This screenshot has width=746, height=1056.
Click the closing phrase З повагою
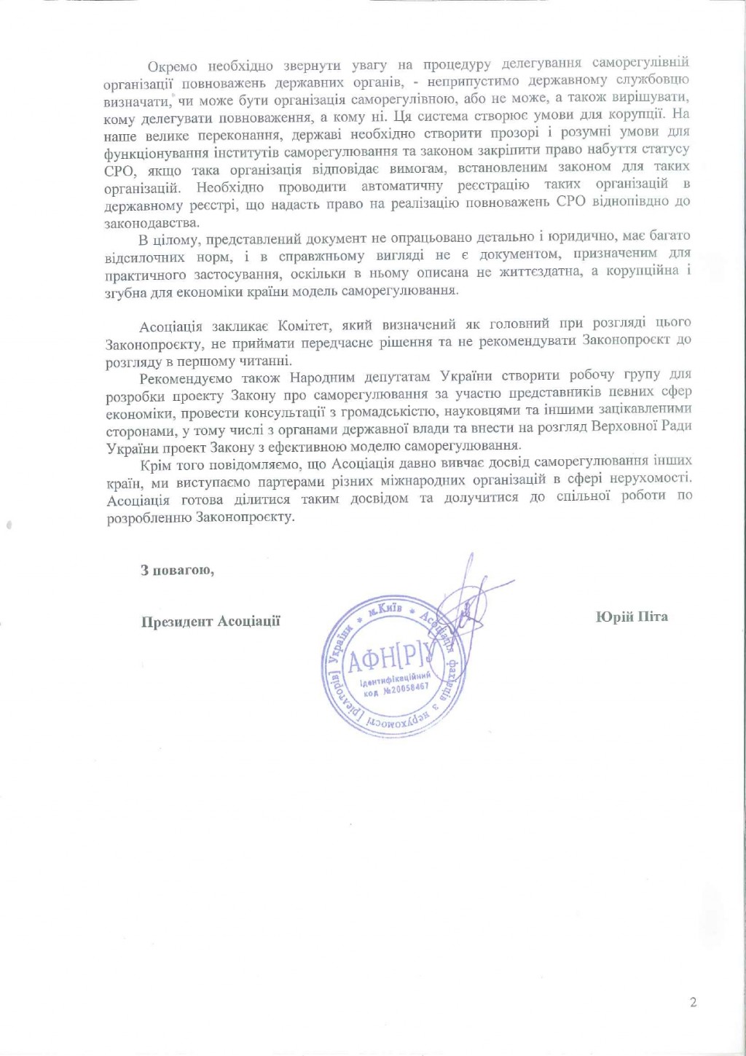(x=177, y=569)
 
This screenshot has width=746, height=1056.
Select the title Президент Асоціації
(x=211, y=621)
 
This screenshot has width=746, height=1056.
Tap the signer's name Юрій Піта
(x=631, y=617)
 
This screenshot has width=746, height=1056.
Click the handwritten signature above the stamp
(x=466, y=598)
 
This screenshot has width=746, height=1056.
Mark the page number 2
(x=693, y=1003)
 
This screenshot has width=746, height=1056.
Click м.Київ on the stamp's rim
(x=383, y=611)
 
